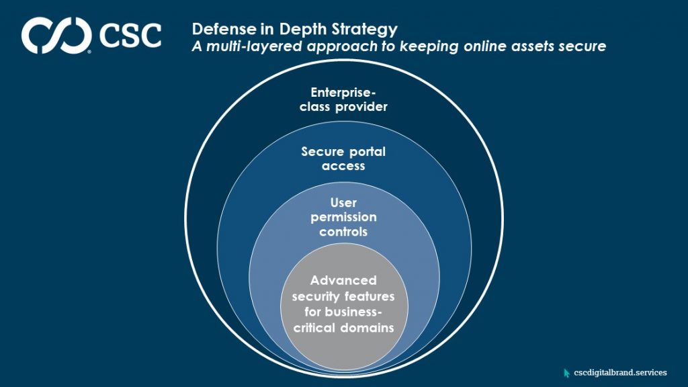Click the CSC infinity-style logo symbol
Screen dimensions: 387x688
[x=56, y=35]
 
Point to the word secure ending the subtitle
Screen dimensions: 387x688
[x=582, y=46]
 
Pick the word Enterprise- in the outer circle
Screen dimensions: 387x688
[x=343, y=93]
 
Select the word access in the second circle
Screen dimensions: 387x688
[x=343, y=165]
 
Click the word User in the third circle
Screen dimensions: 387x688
[x=343, y=202]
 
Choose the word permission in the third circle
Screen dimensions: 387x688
[x=343, y=217]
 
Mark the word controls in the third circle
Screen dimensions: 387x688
[x=343, y=232]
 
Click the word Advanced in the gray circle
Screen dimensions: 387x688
[x=343, y=280]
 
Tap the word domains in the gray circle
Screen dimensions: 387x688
[x=368, y=327]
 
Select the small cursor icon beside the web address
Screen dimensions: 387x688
[x=567, y=372]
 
